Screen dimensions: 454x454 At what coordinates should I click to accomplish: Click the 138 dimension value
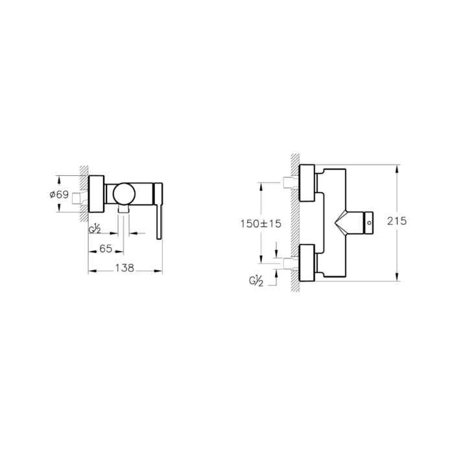click(124, 268)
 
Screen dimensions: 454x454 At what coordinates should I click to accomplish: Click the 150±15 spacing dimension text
click(259, 223)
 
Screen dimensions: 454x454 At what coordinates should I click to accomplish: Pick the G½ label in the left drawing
click(95, 228)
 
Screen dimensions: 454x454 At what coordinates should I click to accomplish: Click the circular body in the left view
click(123, 194)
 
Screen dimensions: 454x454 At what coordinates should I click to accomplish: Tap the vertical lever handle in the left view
click(158, 211)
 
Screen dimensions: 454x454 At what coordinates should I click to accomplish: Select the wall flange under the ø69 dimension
click(96, 193)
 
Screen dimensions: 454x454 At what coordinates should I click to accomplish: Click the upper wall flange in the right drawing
click(308, 185)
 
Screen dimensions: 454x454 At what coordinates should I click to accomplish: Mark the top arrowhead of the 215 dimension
click(397, 168)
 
